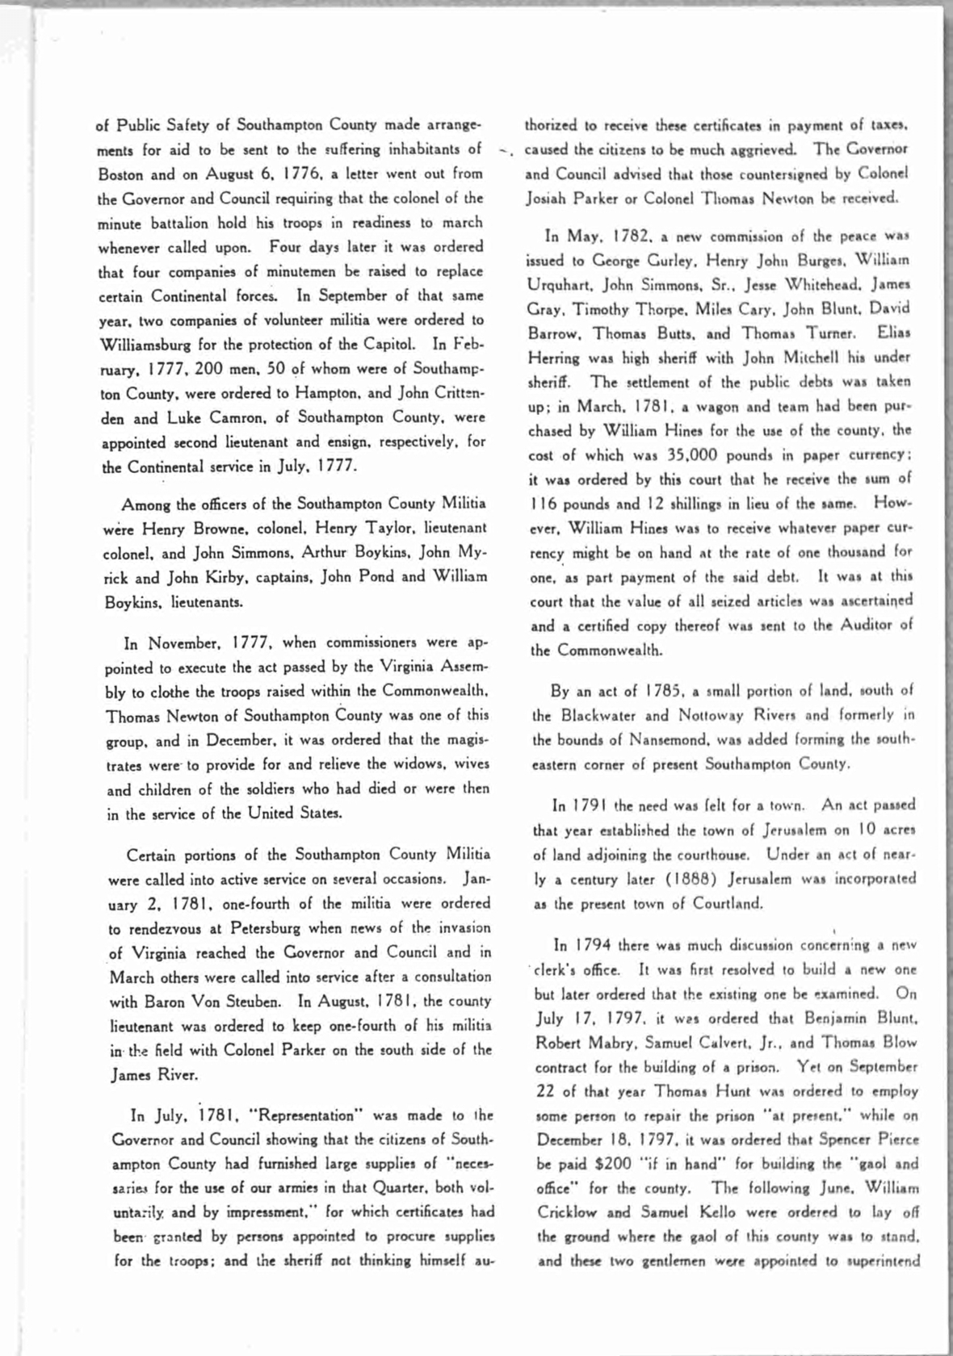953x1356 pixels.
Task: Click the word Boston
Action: point(120,174)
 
